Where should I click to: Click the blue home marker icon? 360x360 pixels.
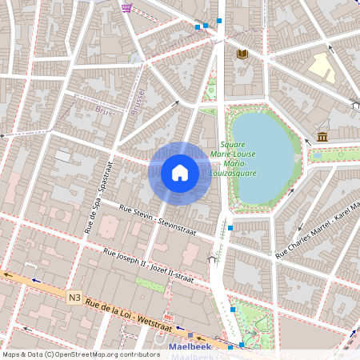(180, 173)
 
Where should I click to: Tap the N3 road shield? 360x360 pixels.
(74, 298)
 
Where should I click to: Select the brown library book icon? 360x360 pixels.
(242, 54)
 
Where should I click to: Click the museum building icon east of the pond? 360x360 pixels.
(322, 137)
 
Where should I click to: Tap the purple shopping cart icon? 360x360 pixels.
(126, 7)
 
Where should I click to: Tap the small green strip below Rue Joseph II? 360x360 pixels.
(151, 284)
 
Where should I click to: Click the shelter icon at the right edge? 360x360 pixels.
(355, 105)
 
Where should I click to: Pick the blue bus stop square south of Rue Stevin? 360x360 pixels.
(230, 228)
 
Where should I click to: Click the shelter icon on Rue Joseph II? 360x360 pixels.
(212, 258)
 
